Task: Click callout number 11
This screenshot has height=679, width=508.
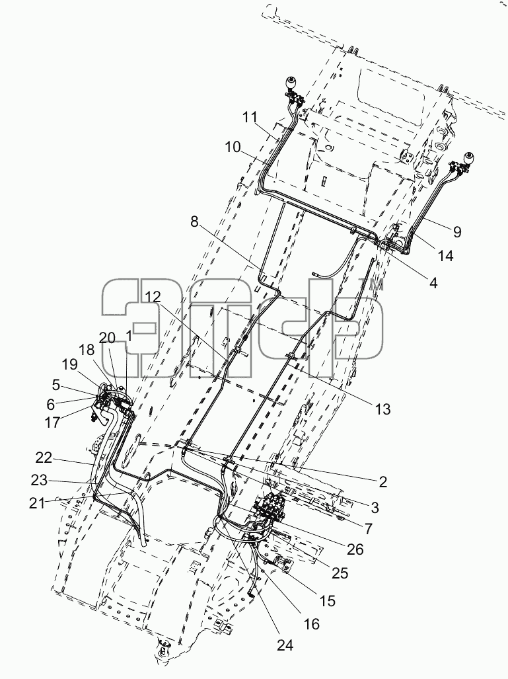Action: coord(250,117)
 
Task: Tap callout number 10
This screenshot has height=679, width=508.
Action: coord(233,147)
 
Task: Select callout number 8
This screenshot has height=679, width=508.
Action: coord(194,222)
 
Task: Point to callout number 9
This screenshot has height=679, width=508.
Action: coord(457,232)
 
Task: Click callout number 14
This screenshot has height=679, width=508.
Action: coord(446,256)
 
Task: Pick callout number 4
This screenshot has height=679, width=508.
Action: coord(433,283)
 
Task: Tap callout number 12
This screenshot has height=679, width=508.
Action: coord(153,297)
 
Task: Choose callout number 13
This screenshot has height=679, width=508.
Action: coord(383,409)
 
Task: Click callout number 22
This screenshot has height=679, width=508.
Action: coord(44,458)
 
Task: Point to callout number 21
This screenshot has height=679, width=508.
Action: coord(37,503)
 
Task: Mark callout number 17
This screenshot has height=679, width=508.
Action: coord(52,422)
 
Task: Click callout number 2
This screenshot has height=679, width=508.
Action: coord(382,481)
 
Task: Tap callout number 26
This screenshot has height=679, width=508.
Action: coord(355,549)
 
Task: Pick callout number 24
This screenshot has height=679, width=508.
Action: coord(285,646)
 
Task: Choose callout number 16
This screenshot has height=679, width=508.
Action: coord(312,623)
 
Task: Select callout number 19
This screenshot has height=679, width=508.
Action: coord(69,364)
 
